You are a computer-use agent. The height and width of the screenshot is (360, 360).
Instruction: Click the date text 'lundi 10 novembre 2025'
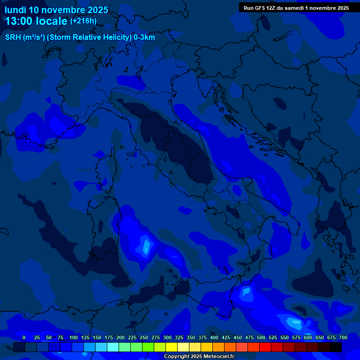(56, 10)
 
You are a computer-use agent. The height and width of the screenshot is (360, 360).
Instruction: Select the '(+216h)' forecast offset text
(83, 21)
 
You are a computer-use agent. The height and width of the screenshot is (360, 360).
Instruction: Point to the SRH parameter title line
(80, 37)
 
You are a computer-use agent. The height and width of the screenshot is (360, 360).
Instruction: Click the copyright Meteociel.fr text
(199, 357)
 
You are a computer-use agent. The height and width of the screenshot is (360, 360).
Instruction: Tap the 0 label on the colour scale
(24, 338)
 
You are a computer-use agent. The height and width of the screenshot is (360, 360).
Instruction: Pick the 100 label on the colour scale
(74, 338)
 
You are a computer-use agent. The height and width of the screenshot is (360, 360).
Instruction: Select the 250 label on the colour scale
(144, 338)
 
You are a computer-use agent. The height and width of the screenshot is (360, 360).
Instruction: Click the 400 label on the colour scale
(214, 338)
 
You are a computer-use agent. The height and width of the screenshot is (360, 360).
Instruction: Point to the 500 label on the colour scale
(261, 338)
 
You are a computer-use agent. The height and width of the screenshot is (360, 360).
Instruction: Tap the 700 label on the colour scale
(343, 338)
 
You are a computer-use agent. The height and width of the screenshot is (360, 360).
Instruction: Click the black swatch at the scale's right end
(336, 347)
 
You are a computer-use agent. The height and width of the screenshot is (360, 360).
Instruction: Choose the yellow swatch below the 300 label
(172, 347)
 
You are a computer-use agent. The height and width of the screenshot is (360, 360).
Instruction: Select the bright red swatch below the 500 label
(265, 347)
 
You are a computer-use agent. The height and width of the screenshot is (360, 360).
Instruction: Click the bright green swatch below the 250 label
(148, 347)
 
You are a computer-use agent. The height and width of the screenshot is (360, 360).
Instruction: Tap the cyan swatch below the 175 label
(113, 347)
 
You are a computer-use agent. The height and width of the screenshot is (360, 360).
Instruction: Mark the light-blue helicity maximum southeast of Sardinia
(146, 246)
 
